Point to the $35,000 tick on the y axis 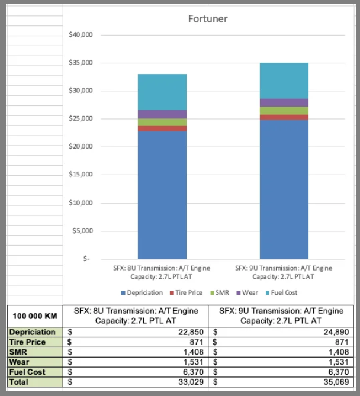[x=81, y=63]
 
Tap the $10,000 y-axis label [x=81, y=203]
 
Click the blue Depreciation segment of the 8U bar [x=162, y=195]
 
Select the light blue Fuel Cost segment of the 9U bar [x=284, y=81]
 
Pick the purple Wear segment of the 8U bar [x=162, y=114]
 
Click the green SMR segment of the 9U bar [x=284, y=111]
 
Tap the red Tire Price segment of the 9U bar [x=284, y=117]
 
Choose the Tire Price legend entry [x=188, y=292]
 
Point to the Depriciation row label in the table [x=32, y=332]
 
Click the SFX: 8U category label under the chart [x=162, y=272]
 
